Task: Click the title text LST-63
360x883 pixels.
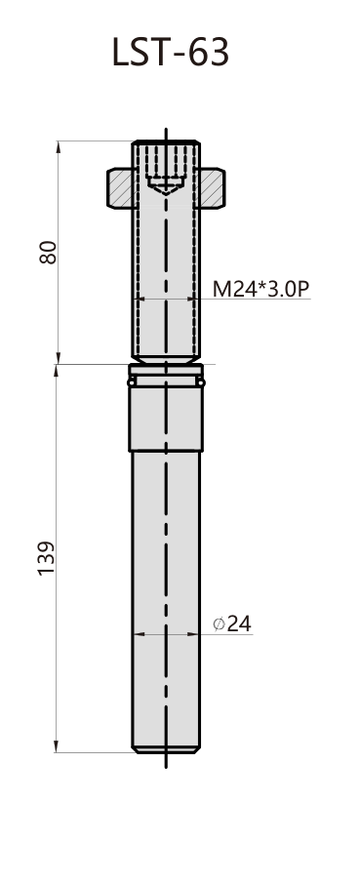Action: click(171, 53)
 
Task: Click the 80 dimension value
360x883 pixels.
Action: click(49, 252)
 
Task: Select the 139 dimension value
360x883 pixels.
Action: click(46, 557)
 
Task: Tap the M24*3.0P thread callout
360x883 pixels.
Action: click(260, 289)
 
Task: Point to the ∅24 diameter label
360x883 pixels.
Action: click(232, 624)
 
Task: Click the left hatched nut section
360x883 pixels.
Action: click(121, 187)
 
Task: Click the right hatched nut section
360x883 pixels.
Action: click(212, 187)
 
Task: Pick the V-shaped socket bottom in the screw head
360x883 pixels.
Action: click(166, 187)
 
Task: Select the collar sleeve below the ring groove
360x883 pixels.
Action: click(166, 419)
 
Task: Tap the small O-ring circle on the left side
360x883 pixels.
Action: click(132, 382)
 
